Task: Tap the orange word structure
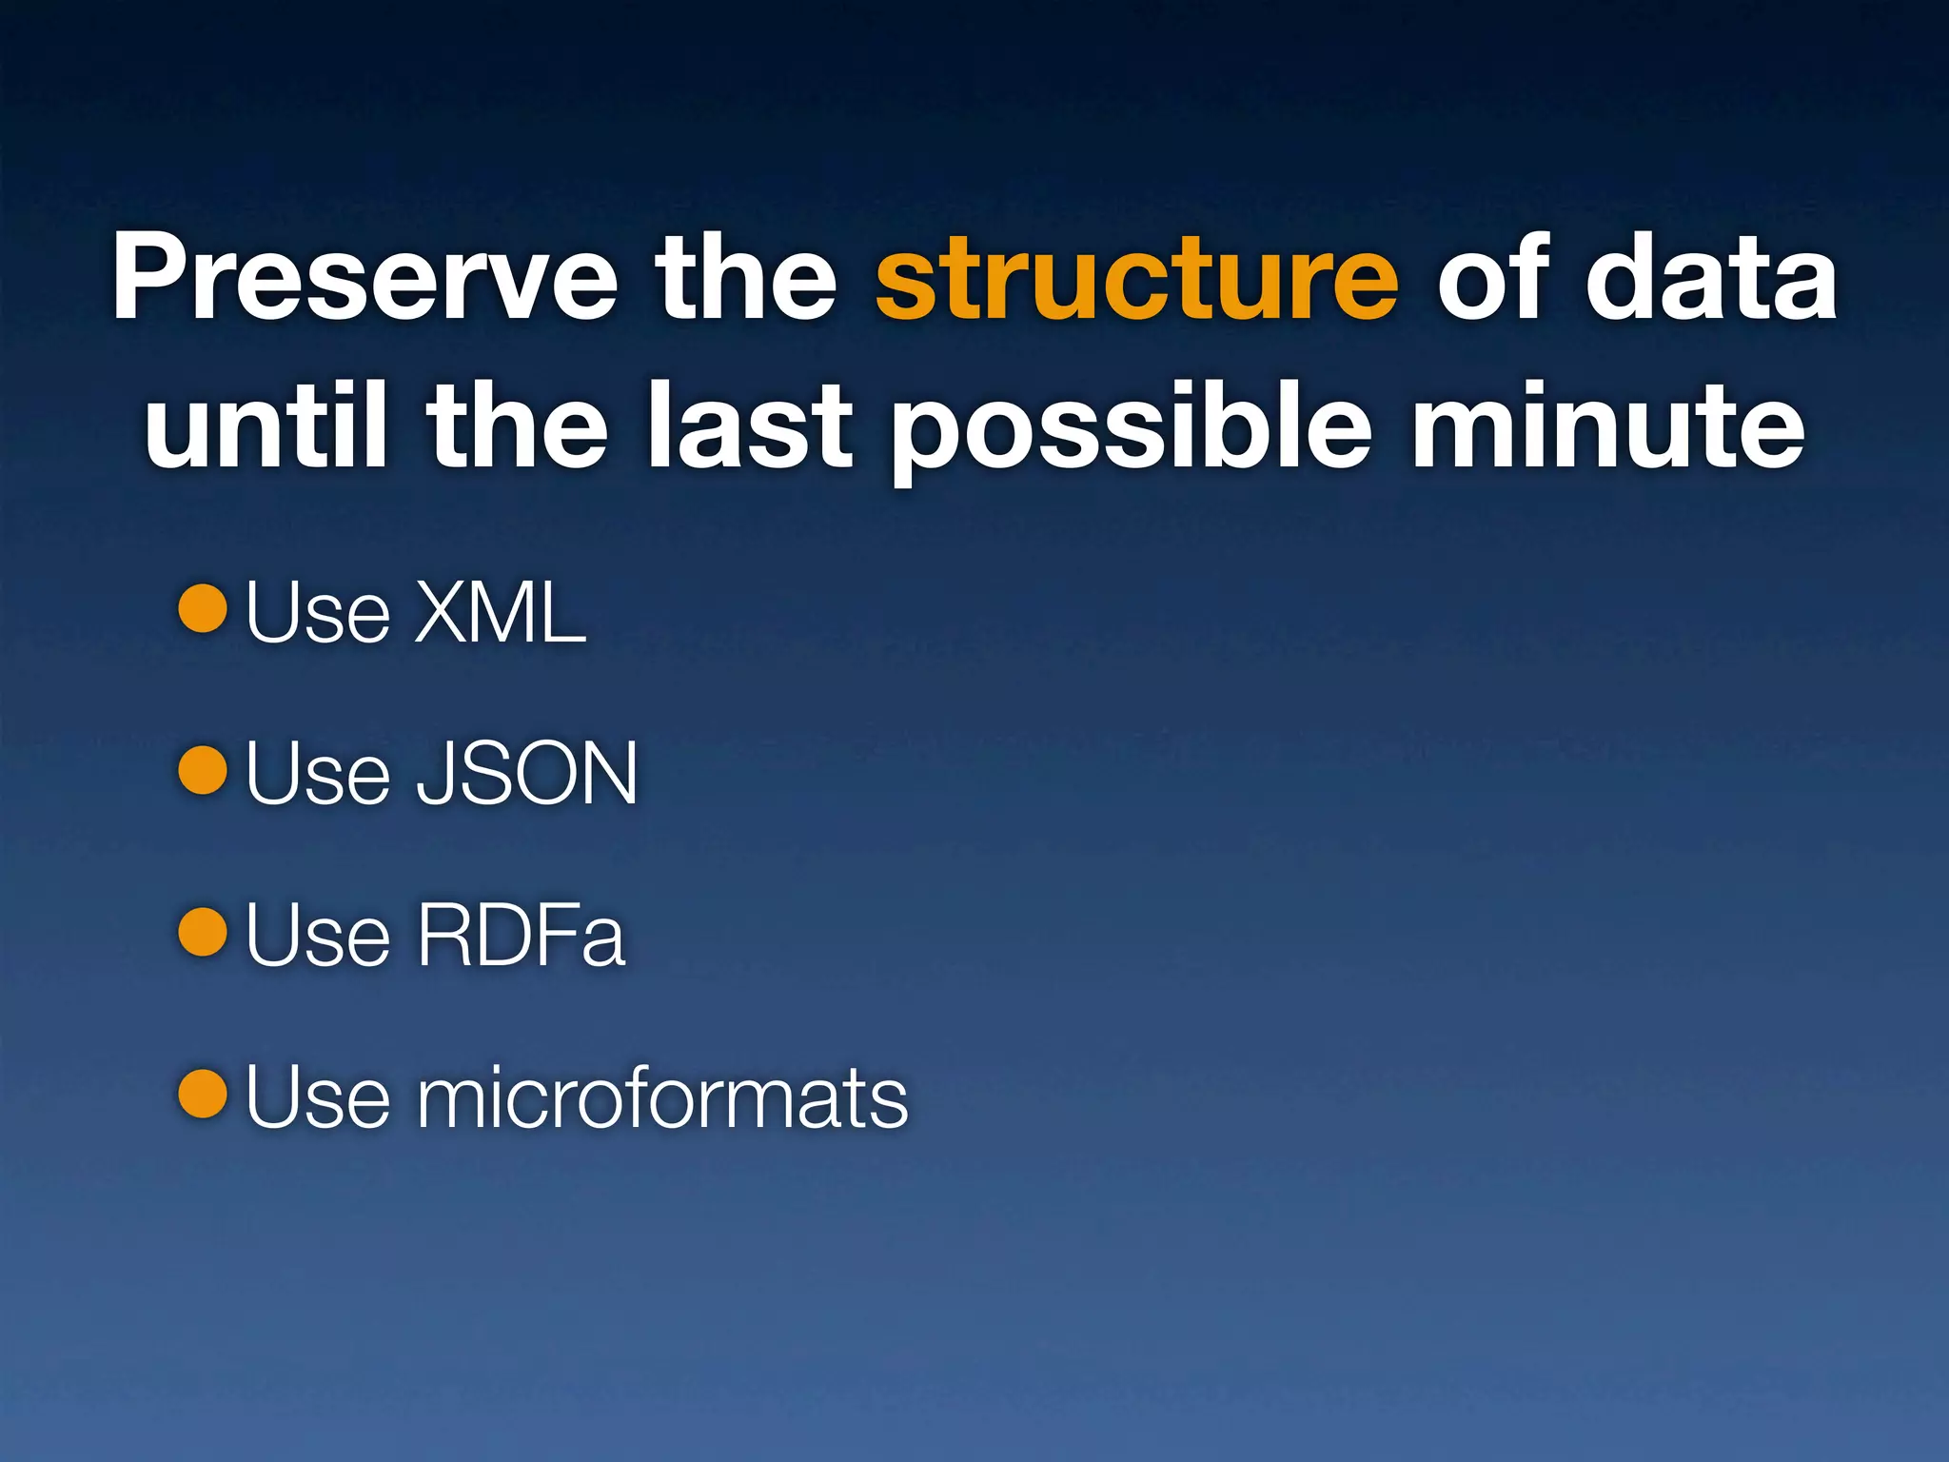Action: [x=1136, y=278]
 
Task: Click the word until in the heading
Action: [x=266, y=425]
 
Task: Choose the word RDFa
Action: [x=521, y=936]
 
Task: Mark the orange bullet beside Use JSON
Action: [x=203, y=770]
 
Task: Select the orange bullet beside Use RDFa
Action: [x=203, y=932]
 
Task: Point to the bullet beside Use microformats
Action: [x=203, y=1094]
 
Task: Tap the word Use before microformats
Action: [x=318, y=1097]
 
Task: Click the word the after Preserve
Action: [x=745, y=278]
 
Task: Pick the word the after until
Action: [x=517, y=425]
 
